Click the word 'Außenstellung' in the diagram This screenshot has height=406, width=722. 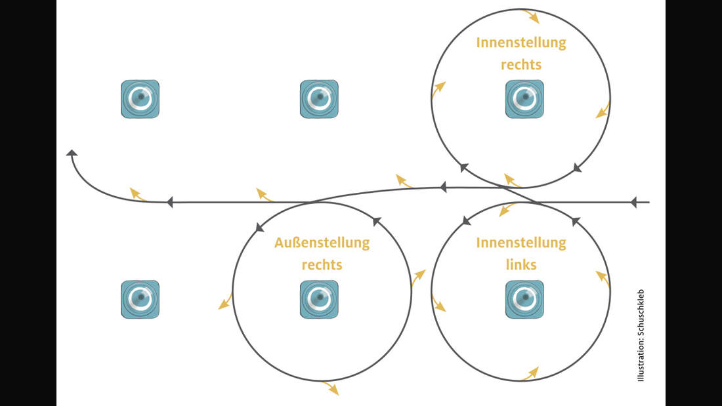click(x=322, y=243)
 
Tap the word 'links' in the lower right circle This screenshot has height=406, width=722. click(x=521, y=265)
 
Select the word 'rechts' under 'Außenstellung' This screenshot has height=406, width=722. click(x=322, y=265)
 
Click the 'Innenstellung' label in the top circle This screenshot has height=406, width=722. click(x=521, y=43)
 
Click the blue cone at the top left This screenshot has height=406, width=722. click(x=140, y=99)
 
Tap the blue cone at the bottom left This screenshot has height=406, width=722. click(x=140, y=300)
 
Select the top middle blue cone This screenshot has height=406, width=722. click(x=319, y=99)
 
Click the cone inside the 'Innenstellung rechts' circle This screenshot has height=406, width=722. click(x=524, y=99)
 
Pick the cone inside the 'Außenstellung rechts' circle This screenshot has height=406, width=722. click(x=319, y=300)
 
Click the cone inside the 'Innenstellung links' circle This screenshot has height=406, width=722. click(x=524, y=300)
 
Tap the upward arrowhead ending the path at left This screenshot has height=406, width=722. click(x=72, y=153)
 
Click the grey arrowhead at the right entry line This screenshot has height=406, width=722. click(x=633, y=203)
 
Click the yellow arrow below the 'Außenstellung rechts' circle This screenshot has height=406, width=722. click(x=331, y=388)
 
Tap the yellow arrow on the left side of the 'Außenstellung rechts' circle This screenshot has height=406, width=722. click(x=225, y=302)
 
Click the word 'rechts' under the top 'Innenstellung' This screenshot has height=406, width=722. click(x=521, y=66)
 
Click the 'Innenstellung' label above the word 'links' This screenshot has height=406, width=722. click(x=521, y=243)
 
